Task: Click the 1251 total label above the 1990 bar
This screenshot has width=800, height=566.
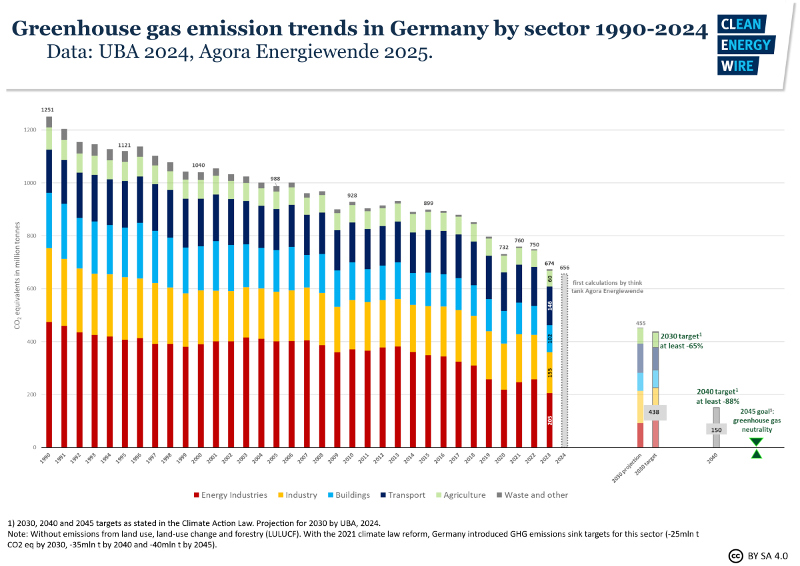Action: coord(48,109)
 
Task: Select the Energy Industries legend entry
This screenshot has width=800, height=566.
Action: coord(230,495)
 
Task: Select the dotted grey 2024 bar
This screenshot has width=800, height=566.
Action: coord(565,360)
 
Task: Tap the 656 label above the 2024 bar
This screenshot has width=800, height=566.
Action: coord(565,268)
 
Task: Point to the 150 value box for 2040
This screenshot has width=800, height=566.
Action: coord(716,430)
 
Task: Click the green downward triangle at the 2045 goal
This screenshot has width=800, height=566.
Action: coord(756,442)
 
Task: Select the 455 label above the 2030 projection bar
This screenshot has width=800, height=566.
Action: coord(641,323)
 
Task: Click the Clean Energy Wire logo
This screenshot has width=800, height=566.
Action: coord(745,44)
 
